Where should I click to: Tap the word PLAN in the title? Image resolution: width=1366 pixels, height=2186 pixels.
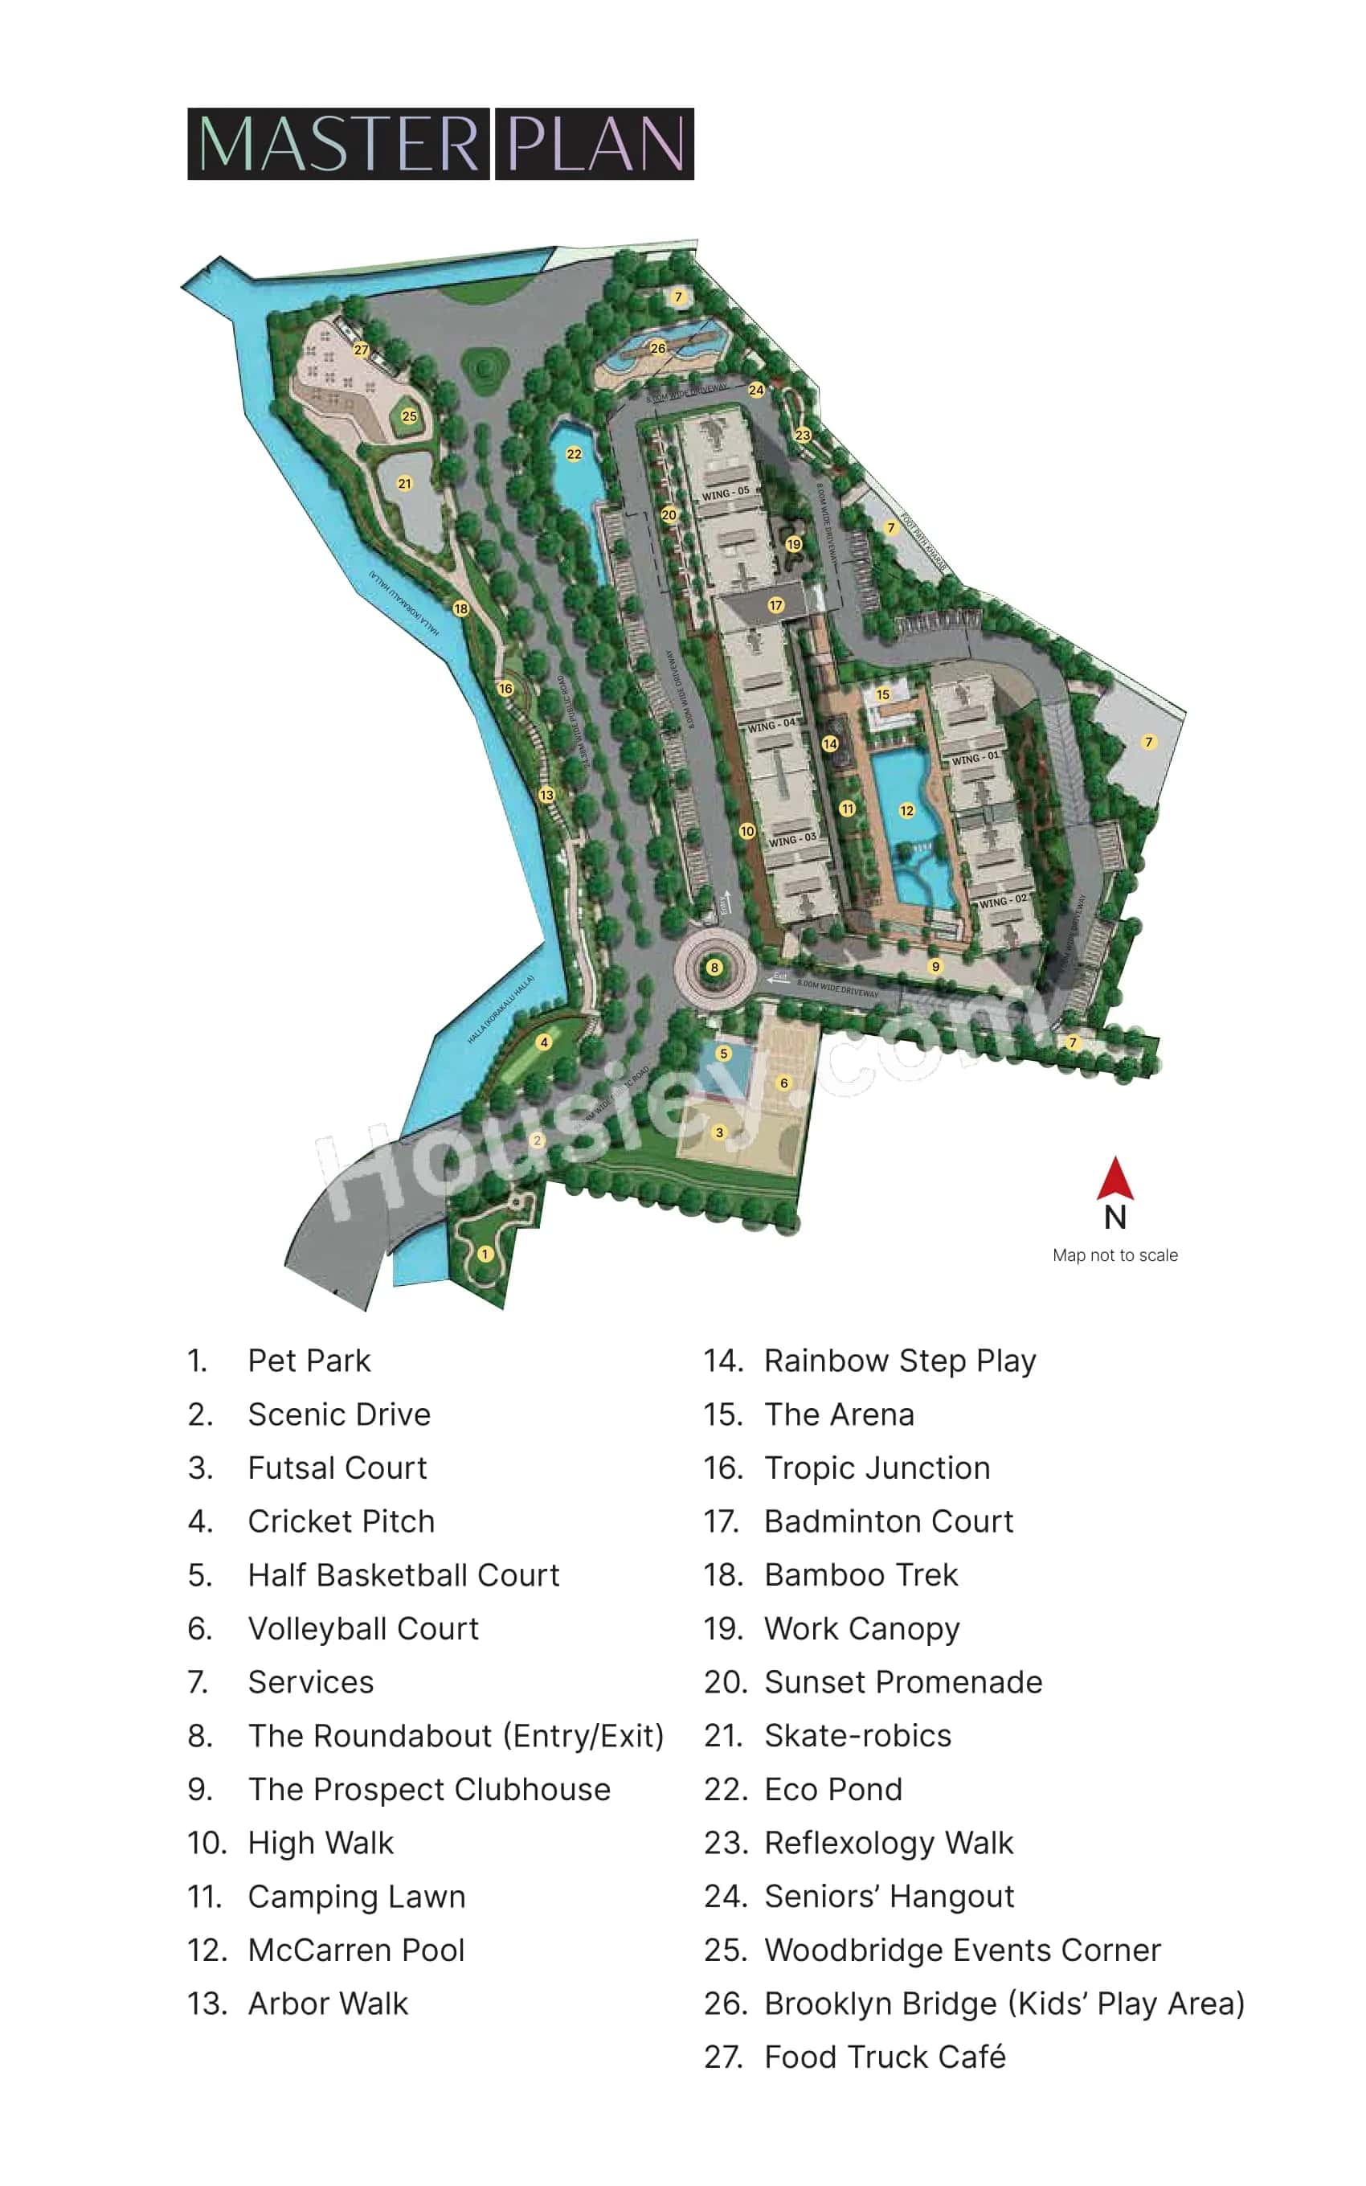pyautogui.click(x=595, y=145)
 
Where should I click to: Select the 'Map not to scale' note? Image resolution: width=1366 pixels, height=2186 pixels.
pyautogui.click(x=1114, y=1255)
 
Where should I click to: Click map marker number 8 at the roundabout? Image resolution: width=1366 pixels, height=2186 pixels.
pyautogui.click(x=714, y=968)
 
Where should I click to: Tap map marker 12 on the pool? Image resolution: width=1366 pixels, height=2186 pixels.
pyautogui.click(x=906, y=810)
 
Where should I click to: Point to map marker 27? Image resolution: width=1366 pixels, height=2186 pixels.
pyautogui.click(x=362, y=350)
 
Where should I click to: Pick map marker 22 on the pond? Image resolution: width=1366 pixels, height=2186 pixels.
pyautogui.click(x=574, y=453)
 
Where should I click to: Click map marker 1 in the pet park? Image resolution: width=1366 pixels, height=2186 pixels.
pyautogui.click(x=485, y=1254)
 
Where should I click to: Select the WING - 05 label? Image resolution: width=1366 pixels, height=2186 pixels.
pyautogui.click(x=726, y=493)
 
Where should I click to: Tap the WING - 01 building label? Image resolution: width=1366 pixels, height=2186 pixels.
pyautogui.click(x=975, y=759)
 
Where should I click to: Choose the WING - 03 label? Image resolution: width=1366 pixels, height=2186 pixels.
pyautogui.click(x=792, y=839)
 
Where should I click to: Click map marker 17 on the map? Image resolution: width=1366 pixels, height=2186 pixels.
pyautogui.click(x=775, y=605)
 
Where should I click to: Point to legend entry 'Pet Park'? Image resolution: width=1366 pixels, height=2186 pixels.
pyautogui.click(x=309, y=1361)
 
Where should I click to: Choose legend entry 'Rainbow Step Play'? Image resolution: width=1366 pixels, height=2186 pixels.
pyautogui.click(x=900, y=1361)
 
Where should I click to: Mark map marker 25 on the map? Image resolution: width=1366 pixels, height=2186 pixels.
pyautogui.click(x=409, y=416)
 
